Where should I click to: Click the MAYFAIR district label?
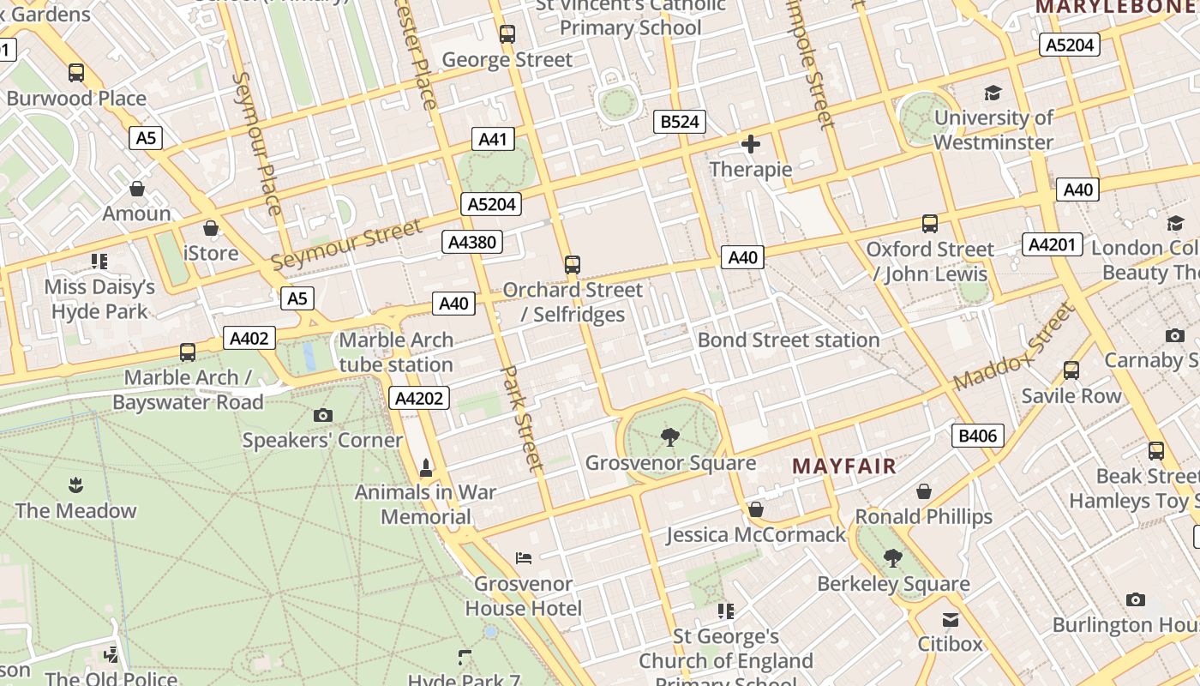coord(843,466)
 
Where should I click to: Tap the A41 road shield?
coord(493,139)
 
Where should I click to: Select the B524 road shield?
coord(680,122)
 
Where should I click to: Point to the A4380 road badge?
coord(472,242)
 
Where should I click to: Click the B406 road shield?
coord(977,436)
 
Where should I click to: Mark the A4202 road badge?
coord(420,398)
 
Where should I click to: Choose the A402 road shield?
coord(249,338)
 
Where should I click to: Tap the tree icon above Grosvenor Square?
coord(670,438)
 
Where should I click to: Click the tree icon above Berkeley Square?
coord(893,558)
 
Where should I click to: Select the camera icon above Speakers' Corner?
coord(322,416)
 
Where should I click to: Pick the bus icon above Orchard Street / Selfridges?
coord(573,265)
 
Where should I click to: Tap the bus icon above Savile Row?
coord(1071,370)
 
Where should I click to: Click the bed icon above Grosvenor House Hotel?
coord(524,558)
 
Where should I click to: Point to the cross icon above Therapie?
coord(751,144)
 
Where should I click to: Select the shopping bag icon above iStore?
coord(211,228)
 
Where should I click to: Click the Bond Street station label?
coord(789,340)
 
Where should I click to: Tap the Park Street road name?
coord(522,418)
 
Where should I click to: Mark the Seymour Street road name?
coord(346,244)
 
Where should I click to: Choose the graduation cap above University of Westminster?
coord(993,93)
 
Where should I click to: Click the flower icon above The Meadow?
coord(75,485)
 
